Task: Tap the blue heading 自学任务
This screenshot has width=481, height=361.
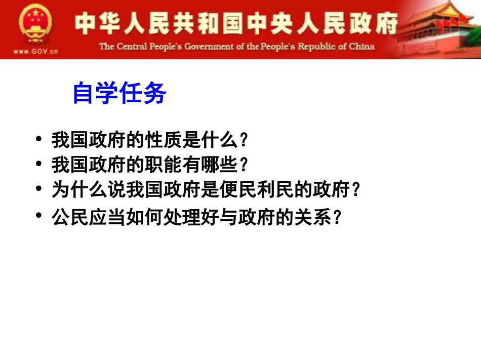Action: pos(119,93)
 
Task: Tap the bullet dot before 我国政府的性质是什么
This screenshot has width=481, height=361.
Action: pos(39,138)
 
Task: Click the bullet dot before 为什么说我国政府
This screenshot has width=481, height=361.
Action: pos(39,188)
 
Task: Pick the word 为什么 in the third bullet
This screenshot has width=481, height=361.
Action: pos(75,190)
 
